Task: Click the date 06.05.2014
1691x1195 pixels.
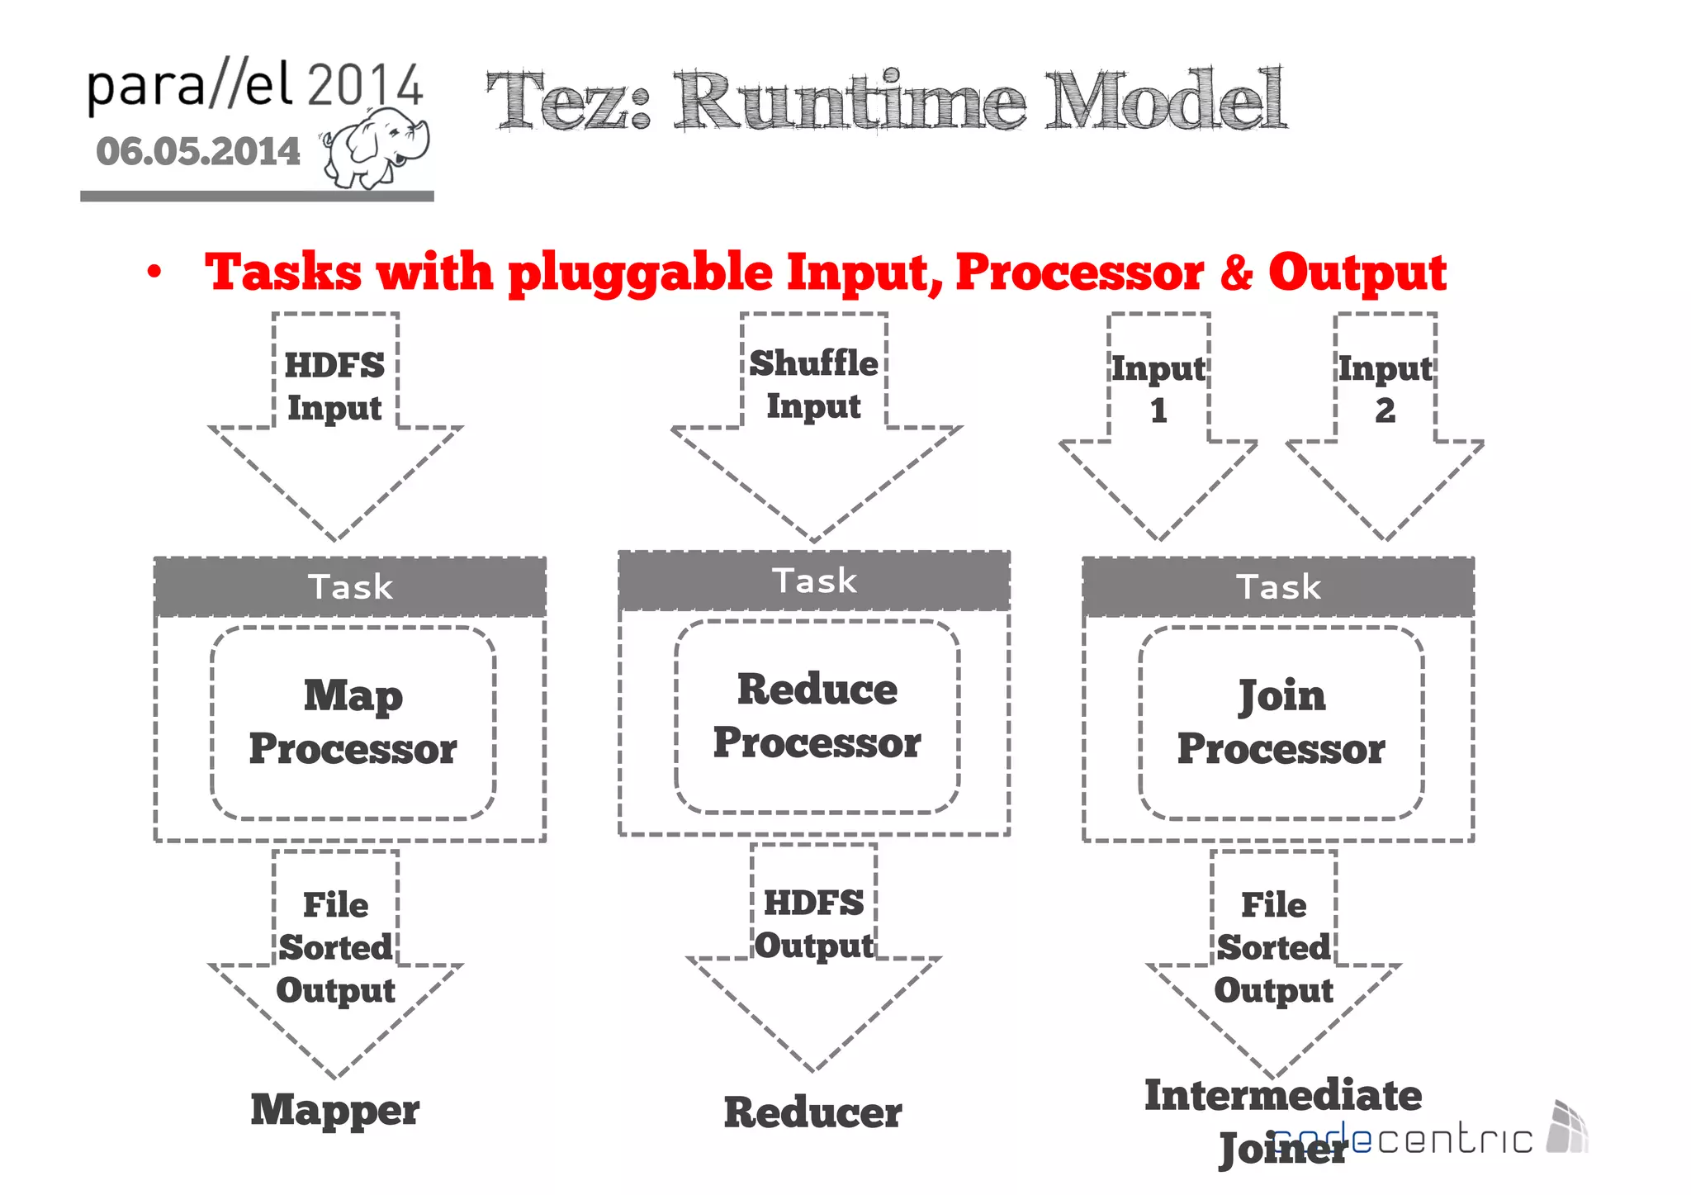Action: [x=198, y=151]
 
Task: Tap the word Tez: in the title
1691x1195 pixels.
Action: [x=569, y=102]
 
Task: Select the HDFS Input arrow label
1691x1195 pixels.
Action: [x=334, y=386]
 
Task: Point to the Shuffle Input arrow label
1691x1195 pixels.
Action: [x=813, y=384]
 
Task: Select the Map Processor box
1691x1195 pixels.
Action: [x=353, y=723]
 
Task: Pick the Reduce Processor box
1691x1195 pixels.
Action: [x=817, y=716]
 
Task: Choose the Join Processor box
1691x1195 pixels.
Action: [x=1281, y=723]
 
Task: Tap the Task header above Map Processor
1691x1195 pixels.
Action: [x=350, y=587]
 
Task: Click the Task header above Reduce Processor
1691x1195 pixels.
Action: [x=814, y=581]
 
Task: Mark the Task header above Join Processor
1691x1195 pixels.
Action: [x=1278, y=587]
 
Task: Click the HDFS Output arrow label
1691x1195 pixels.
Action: [x=813, y=924]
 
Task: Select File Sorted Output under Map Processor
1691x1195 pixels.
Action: [x=335, y=947]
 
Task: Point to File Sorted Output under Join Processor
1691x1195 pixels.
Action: [x=1273, y=947]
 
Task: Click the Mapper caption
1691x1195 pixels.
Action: [x=334, y=1109]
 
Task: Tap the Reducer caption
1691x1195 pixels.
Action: [x=812, y=1112]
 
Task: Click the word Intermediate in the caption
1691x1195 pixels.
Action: [x=1283, y=1096]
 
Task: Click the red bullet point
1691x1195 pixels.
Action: [x=154, y=273]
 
